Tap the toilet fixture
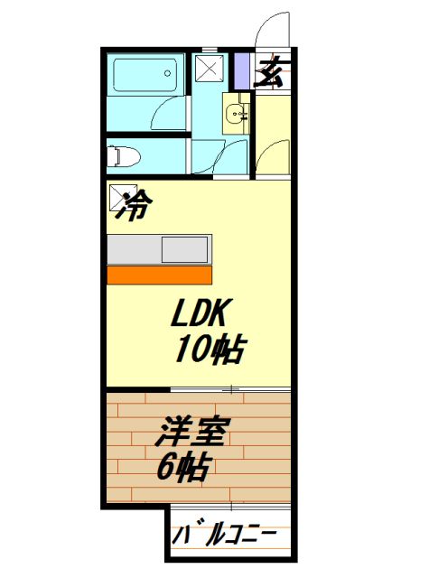[124, 157]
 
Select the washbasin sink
[237, 115]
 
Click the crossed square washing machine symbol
[209, 68]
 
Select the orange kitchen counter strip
[159, 274]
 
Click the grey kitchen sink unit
[159, 248]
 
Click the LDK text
[203, 314]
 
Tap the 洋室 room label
[193, 433]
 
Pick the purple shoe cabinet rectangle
[241, 70]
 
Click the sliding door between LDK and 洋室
[230, 390]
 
